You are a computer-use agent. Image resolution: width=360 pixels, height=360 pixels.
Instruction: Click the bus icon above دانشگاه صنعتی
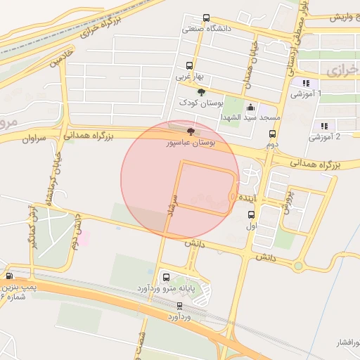(x=206, y=18)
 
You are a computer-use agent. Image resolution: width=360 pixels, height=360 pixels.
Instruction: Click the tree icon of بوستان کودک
(x=201, y=92)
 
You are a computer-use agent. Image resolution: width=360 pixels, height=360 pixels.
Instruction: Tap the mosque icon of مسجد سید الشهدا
(x=251, y=107)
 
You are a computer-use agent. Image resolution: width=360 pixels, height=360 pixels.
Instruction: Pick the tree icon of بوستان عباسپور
(x=191, y=131)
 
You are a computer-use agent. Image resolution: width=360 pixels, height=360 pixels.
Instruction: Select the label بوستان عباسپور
(x=190, y=143)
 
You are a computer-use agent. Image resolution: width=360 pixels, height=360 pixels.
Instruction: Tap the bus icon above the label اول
(x=251, y=216)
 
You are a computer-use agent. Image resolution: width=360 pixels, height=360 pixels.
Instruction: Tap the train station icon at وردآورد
(x=180, y=306)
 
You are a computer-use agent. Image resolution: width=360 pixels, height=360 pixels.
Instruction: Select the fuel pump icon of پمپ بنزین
(x=10, y=276)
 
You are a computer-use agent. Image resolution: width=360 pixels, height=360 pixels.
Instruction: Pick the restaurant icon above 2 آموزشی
(x=324, y=126)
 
